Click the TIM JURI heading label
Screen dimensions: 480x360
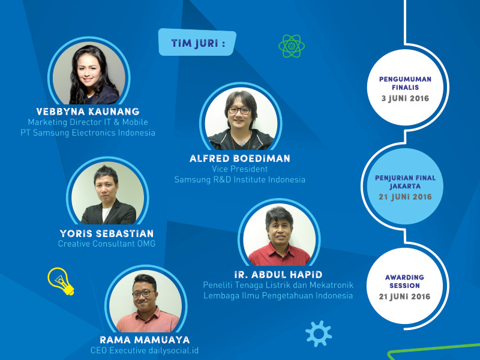pyautogui.click(x=197, y=43)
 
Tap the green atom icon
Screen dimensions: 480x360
pyautogui.click(x=292, y=46)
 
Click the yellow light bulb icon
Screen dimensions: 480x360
pyautogui.click(x=61, y=281)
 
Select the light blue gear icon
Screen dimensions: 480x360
pyautogui.click(x=319, y=334)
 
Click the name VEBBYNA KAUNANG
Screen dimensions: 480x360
pyautogui.click(x=88, y=112)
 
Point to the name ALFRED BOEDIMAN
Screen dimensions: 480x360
pyautogui.click(x=239, y=158)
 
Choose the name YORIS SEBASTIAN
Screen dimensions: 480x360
pyautogui.click(x=107, y=233)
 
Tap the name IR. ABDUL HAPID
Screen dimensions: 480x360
pyautogui.click(x=278, y=275)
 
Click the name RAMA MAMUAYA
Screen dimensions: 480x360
pyautogui.click(x=145, y=340)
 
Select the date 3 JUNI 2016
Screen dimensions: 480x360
pyautogui.click(x=406, y=98)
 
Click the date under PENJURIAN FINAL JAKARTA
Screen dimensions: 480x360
pyautogui.click(x=406, y=197)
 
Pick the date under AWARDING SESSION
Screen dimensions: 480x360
pyautogui.click(x=404, y=296)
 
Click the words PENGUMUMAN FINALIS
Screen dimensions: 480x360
pyautogui.click(x=406, y=83)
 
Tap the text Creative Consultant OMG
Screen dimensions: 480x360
pyautogui.click(x=107, y=244)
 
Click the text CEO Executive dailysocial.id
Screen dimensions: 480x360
pyautogui.click(x=145, y=350)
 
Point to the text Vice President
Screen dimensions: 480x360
pyautogui.click(x=239, y=169)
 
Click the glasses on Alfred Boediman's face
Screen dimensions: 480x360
pyautogui.click(x=239, y=110)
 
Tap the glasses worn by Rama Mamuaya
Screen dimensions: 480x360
pyautogui.click(x=143, y=294)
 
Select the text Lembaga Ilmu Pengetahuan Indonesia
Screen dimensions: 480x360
pyautogui.click(x=278, y=296)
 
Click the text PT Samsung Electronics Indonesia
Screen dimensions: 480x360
pyautogui.click(x=88, y=133)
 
